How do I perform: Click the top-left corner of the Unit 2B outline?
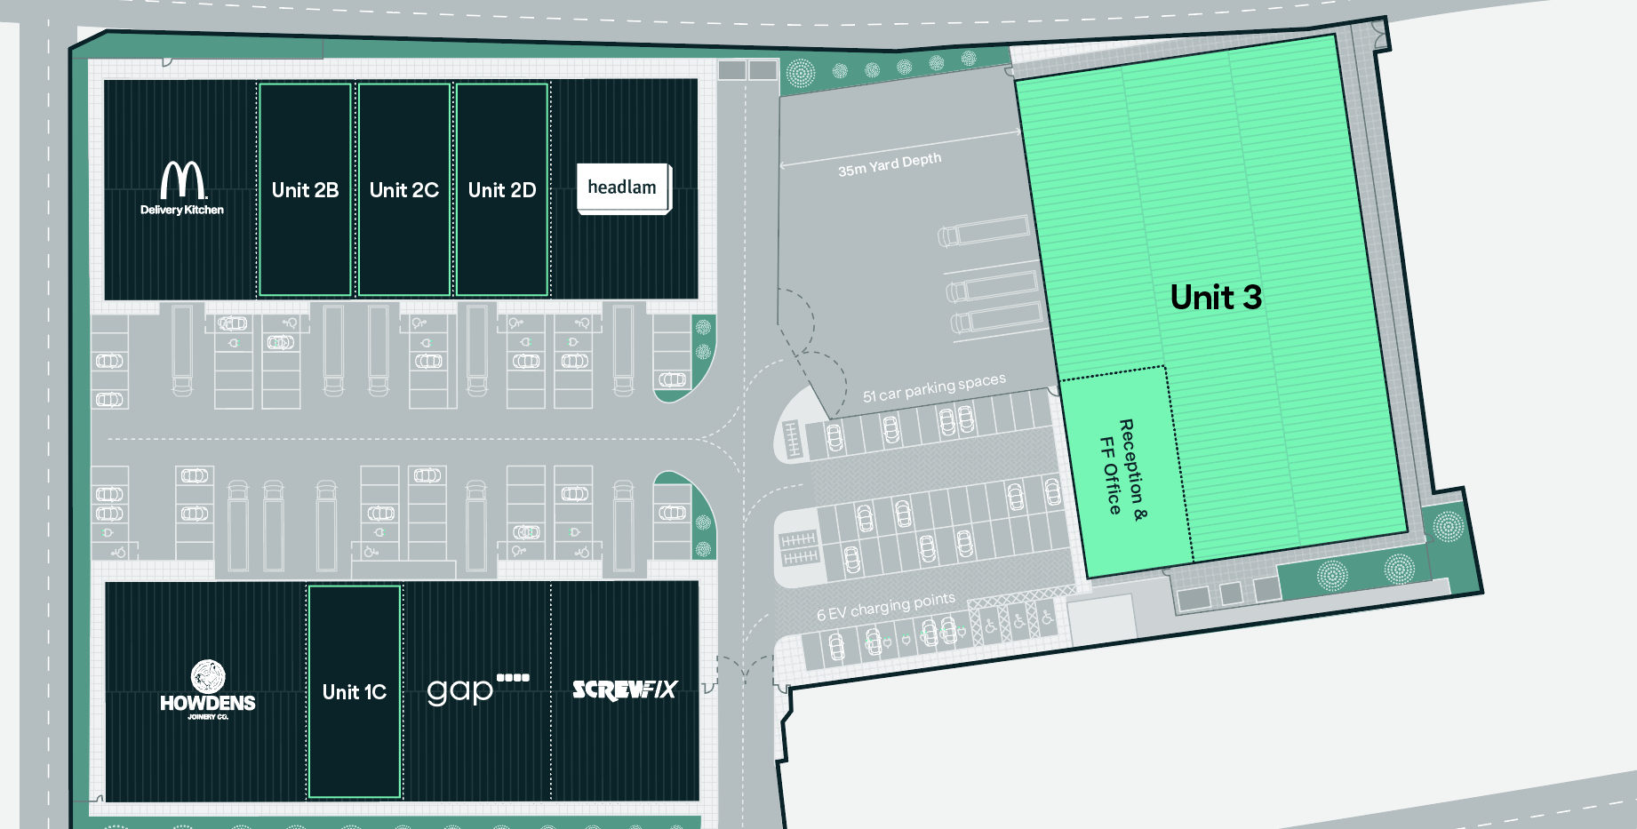click(260, 84)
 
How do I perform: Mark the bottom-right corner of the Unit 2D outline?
click(547, 295)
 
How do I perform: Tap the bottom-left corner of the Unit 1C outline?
click(309, 797)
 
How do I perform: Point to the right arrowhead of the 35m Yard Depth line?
click(1018, 132)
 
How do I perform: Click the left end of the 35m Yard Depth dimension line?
click(780, 166)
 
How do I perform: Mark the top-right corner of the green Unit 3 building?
click(1336, 36)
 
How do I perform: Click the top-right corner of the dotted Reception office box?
click(1164, 366)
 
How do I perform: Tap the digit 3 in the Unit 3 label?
click(1251, 298)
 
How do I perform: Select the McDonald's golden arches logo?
click(183, 179)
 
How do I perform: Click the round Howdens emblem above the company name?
click(208, 676)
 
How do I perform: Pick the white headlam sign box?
click(624, 188)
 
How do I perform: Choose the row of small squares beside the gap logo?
click(513, 677)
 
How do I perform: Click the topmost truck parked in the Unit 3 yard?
click(983, 231)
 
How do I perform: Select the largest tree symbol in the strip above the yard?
click(801, 73)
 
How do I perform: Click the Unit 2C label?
click(404, 190)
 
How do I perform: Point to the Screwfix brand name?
click(625, 690)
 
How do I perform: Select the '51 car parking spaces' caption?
click(934, 387)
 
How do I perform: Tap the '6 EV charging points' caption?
click(886, 607)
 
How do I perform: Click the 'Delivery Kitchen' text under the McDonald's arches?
click(182, 210)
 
